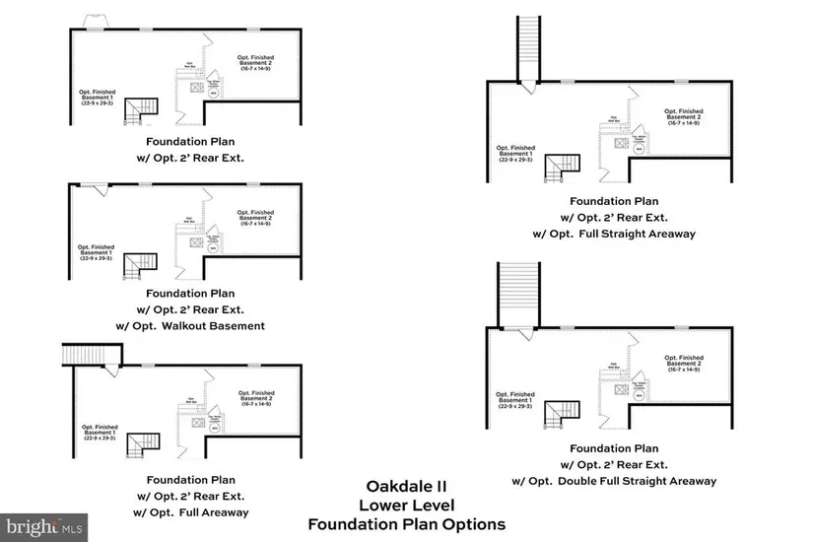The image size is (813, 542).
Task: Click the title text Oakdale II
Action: (406, 487)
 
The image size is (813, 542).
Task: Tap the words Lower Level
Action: (406, 506)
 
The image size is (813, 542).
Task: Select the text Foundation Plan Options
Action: (406, 524)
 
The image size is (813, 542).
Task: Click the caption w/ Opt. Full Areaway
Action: (190, 512)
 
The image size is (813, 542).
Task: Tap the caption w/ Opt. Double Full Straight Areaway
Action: (614, 481)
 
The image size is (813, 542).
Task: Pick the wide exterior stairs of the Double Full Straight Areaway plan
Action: (519, 293)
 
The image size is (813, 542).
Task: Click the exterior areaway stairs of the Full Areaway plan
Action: (91, 354)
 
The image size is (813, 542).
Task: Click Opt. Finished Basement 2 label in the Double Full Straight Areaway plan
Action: (683, 364)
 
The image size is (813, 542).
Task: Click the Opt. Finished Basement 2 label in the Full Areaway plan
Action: (255, 397)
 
